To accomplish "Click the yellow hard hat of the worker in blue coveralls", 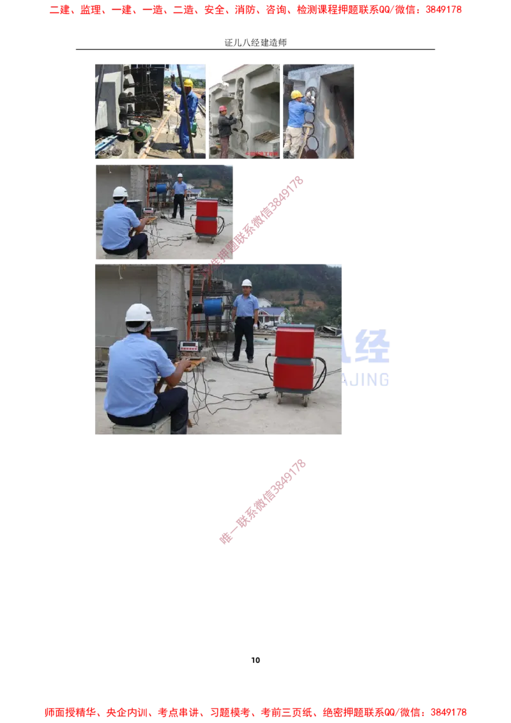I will coord(188,82).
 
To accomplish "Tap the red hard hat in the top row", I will coord(223,109).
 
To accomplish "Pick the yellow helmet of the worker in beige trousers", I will coord(296,95).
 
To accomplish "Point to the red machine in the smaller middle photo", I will coord(206,217).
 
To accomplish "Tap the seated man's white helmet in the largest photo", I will coord(139,314).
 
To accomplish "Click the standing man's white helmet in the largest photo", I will coord(247,283).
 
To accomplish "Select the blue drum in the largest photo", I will coord(213,307).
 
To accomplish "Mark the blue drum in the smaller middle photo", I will coord(162,188).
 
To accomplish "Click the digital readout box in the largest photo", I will coord(189,346).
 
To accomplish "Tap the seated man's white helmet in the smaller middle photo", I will coord(120,192).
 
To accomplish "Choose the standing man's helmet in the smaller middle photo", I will coord(180,176).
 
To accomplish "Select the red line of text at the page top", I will coord(256,10).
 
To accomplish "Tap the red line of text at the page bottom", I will coord(256,711).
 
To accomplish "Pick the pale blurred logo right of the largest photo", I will coord(368,358).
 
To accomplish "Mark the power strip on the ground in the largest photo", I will coord(262,396).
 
